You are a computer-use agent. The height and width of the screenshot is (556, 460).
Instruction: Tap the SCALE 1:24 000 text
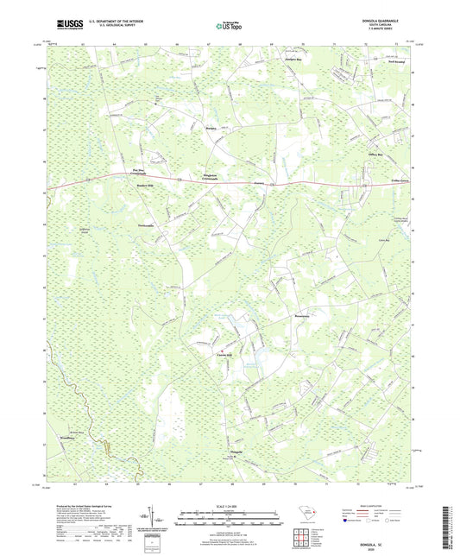point(230,505)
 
